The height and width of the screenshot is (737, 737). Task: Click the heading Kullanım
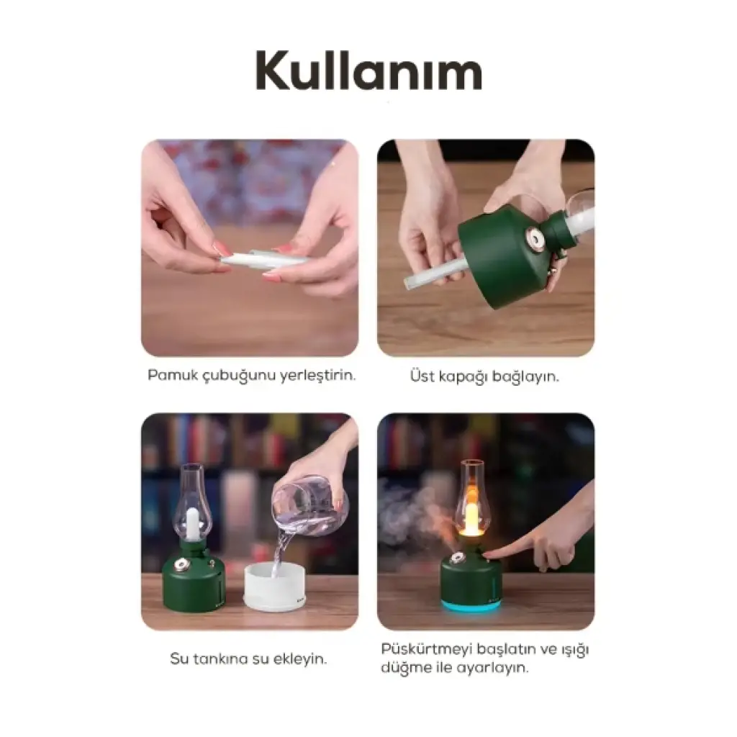coord(369,70)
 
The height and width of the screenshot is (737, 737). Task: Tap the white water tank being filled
coord(274,587)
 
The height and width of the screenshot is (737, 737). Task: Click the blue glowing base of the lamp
coord(470,606)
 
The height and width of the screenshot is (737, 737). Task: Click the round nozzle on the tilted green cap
coord(535,238)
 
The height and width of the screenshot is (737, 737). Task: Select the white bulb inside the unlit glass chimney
coord(192,523)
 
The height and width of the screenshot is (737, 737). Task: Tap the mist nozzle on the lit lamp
coord(455,559)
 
